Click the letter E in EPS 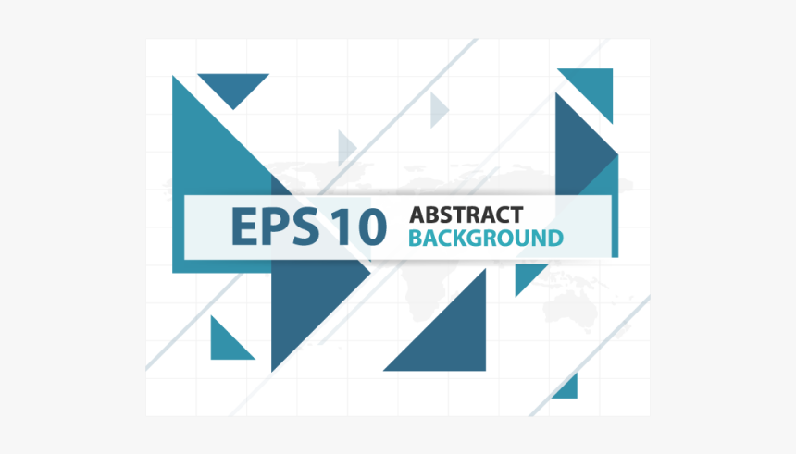click(x=245, y=227)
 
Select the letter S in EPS click(x=305, y=227)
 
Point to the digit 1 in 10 click(x=342, y=227)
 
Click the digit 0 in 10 click(x=372, y=227)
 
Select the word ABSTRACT click(x=466, y=215)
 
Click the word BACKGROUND click(x=486, y=239)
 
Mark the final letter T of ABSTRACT click(x=516, y=215)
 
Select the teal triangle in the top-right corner click(x=593, y=89)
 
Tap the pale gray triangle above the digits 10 click(x=346, y=148)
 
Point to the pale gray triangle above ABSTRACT click(x=438, y=110)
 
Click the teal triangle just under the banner click(x=527, y=276)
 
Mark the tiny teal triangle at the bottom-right click(x=568, y=389)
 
